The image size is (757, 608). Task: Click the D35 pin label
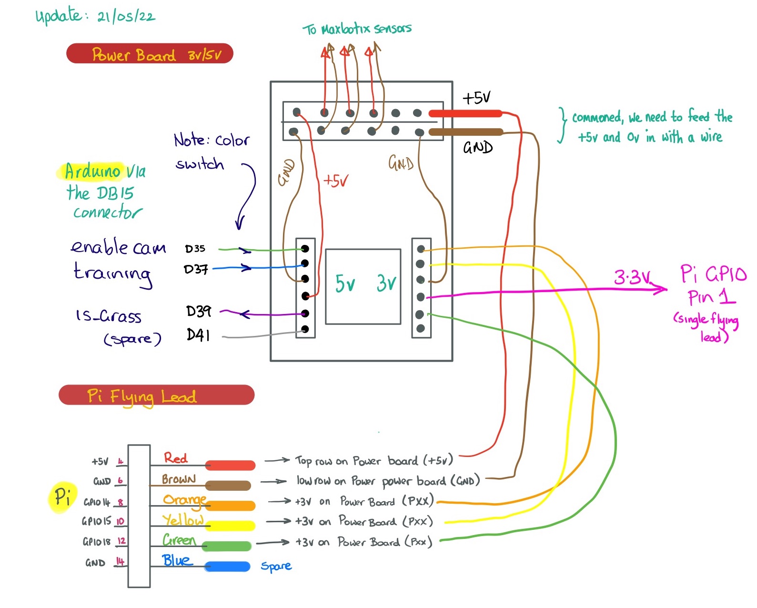point(195,249)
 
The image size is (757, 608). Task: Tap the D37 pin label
point(196,270)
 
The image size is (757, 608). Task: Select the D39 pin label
point(198,312)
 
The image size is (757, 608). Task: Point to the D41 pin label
point(198,335)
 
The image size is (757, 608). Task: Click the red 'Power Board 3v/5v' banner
point(150,54)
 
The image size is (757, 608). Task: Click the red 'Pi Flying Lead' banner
point(156,395)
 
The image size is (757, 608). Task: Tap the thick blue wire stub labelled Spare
point(227,567)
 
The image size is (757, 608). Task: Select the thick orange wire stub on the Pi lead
point(231,505)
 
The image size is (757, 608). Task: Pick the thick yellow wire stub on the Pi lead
point(231,526)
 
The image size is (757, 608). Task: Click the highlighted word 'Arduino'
point(92,171)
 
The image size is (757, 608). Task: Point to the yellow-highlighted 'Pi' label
point(62,497)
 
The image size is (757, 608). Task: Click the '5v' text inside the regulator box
point(345,284)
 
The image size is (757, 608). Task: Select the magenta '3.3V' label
point(632,277)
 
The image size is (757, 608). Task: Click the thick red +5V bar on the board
point(465,113)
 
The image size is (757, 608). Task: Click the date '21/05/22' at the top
point(126,17)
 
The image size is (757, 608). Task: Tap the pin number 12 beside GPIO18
point(121,541)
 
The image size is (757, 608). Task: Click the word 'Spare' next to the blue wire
point(276,566)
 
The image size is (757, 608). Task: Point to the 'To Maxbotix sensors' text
point(357,29)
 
